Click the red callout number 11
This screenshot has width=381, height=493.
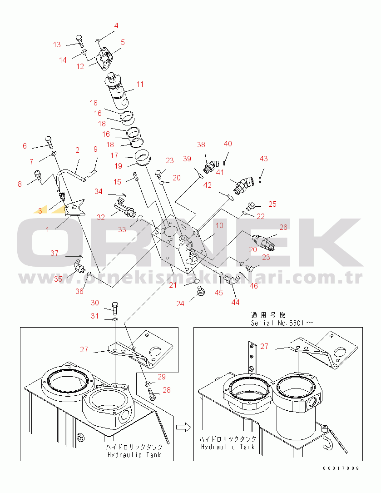point(140,84)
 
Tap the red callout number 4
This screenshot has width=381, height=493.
point(116,25)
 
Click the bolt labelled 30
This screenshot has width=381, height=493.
point(115,308)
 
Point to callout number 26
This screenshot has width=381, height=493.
point(283,227)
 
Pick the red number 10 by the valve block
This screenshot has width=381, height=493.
point(219,225)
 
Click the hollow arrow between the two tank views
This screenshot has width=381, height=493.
point(183,427)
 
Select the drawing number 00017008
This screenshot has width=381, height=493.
point(341,468)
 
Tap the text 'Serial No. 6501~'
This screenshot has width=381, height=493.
point(282,323)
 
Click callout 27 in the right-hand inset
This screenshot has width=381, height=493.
point(264,346)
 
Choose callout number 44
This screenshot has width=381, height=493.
point(235,302)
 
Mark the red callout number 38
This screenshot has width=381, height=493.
point(201,144)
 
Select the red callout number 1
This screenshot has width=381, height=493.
point(48,230)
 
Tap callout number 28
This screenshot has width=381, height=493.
point(167,390)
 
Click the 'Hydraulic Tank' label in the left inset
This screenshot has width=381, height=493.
point(134,455)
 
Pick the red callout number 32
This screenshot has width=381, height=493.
point(101,217)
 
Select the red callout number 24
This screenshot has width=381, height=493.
point(180,304)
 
